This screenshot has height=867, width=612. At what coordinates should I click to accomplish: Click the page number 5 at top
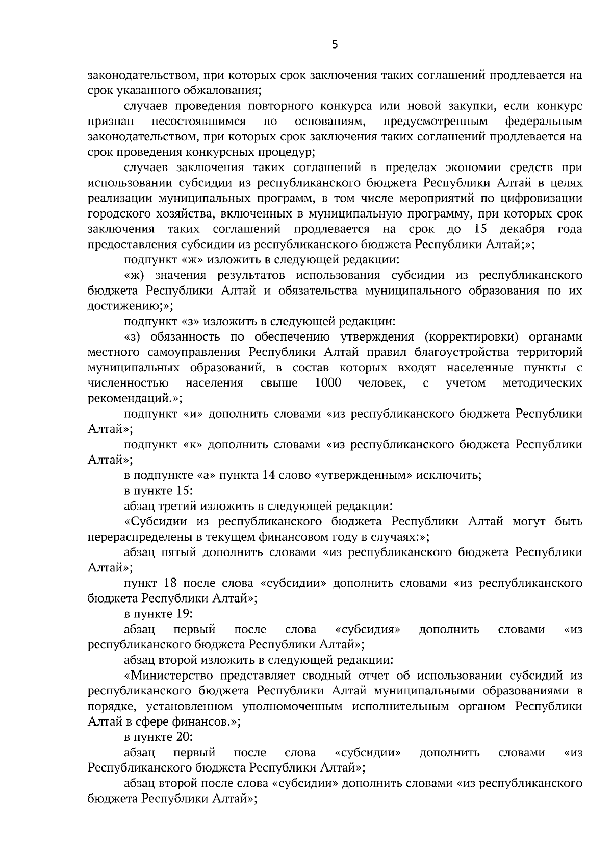335,45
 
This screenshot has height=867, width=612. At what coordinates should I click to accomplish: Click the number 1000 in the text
328,383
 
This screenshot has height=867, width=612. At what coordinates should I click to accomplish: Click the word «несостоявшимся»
199,122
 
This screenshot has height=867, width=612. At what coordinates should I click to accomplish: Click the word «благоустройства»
462,352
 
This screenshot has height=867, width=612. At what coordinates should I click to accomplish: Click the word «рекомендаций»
129,398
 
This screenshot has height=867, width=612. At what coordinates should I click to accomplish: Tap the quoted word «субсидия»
367,629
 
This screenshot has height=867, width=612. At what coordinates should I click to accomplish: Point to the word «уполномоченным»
292,707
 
